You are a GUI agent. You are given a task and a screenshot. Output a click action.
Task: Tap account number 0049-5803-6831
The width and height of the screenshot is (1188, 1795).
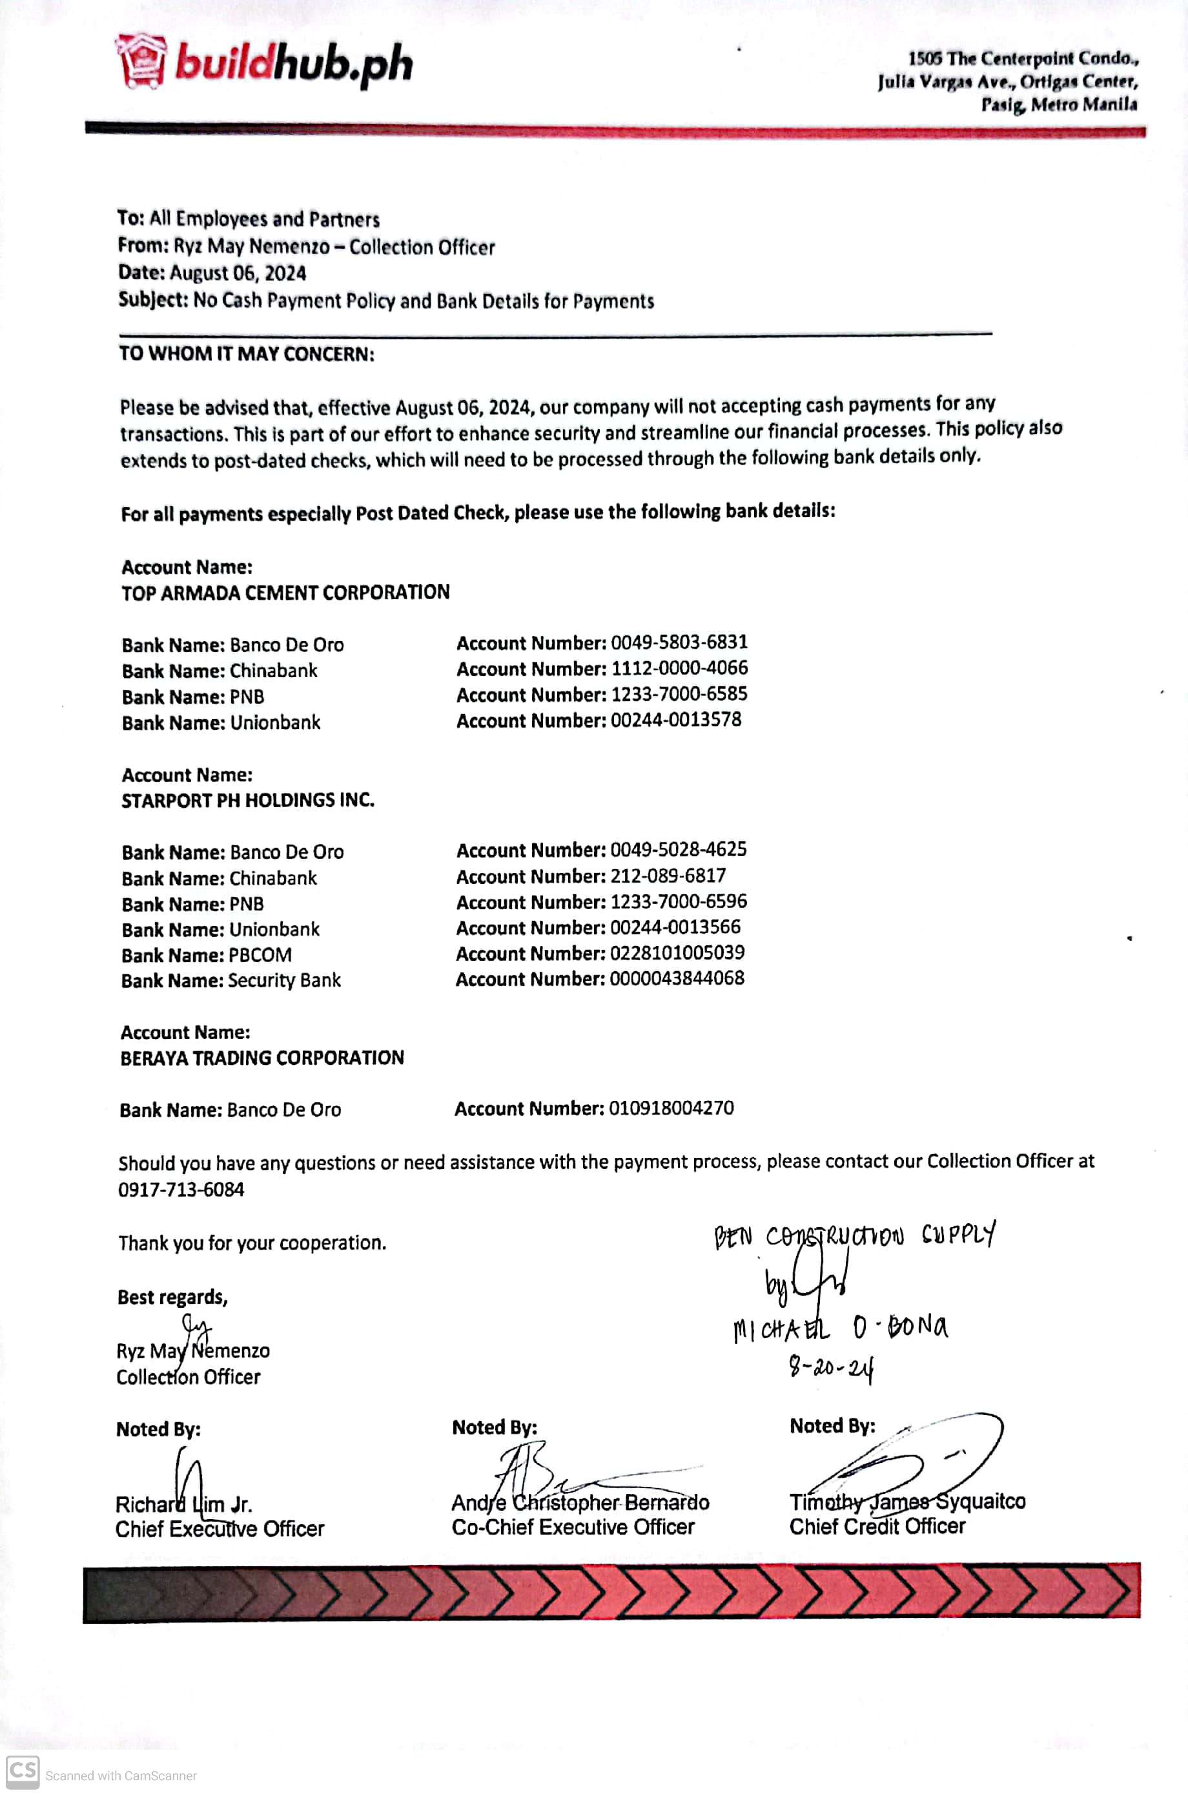pos(679,642)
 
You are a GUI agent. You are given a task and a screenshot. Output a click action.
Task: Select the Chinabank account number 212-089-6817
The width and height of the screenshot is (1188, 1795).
pos(668,876)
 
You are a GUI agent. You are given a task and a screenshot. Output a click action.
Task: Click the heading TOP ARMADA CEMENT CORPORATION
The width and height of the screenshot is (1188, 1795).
pos(285,592)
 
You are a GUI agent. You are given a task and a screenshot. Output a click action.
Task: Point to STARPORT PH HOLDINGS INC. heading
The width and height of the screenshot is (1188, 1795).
pos(248,800)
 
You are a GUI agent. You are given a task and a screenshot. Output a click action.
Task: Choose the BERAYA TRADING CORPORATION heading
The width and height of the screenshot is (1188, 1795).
pos(262,1058)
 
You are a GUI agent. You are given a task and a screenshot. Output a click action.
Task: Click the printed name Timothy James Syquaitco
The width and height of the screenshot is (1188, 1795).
pos(907,1502)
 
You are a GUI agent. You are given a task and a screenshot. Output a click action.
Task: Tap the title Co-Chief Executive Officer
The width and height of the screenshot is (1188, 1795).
pos(573,1527)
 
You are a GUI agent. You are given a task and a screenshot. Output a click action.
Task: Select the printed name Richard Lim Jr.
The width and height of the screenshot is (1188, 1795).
pos(183,1504)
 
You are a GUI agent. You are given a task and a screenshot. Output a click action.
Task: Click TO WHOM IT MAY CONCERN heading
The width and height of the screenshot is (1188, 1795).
pos(246,354)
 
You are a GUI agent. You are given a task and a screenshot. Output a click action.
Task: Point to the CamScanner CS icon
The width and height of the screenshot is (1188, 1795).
pos(22,1772)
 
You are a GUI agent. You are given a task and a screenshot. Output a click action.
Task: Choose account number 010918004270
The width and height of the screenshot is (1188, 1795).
pos(671,1108)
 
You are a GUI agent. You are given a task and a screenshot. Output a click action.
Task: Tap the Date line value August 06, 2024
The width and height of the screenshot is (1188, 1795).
pos(238,273)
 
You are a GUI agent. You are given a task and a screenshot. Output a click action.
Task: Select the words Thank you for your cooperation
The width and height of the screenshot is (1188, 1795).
pos(252,1243)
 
